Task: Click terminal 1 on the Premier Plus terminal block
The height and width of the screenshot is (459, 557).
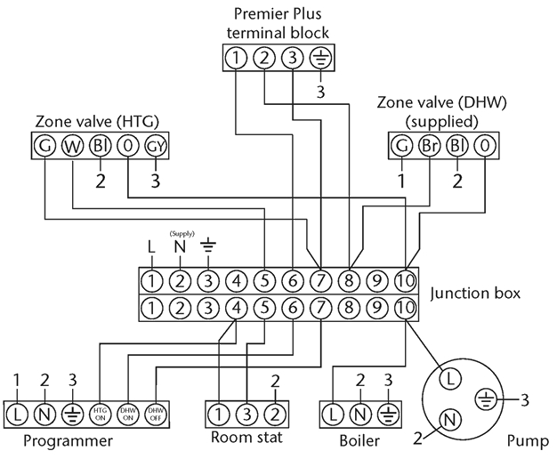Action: [235, 59]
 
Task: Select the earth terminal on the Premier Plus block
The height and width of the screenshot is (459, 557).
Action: [318, 59]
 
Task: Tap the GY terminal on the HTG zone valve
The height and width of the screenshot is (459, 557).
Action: [156, 146]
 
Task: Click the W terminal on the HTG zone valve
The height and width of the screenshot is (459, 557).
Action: [72, 146]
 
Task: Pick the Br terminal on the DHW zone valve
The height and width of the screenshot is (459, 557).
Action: [429, 146]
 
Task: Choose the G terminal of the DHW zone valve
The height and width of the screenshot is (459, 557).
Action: [400, 146]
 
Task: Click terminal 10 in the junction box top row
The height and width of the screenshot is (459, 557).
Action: [405, 283]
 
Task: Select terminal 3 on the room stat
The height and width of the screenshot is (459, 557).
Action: [246, 414]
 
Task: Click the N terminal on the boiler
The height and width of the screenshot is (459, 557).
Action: [359, 414]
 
